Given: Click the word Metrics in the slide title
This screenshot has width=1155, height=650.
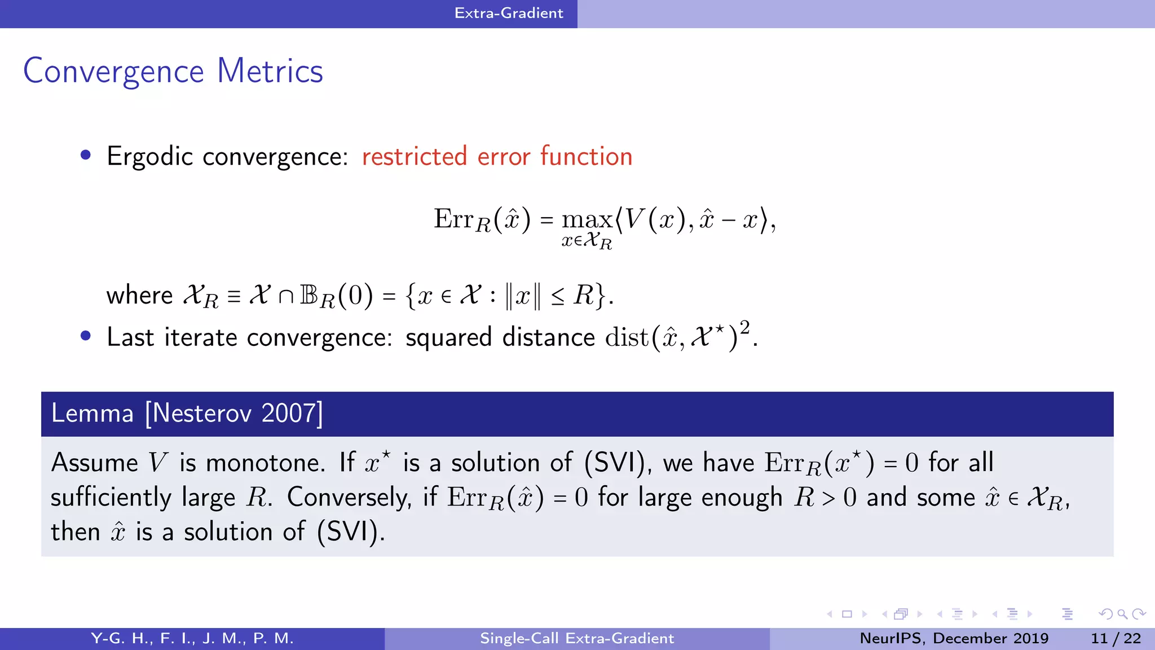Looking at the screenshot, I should point(270,71).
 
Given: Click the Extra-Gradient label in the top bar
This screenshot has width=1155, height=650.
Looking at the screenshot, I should point(509,13).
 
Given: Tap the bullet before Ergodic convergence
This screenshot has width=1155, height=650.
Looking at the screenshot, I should point(86,155).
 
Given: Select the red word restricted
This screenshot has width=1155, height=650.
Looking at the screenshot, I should point(415,156).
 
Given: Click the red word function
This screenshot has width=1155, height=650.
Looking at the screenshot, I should point(586,156).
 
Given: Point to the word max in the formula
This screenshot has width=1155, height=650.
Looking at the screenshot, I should point(587,219).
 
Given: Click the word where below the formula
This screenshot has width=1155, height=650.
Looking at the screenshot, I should point(139,296).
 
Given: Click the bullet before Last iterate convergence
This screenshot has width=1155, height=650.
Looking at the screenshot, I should point(86,336).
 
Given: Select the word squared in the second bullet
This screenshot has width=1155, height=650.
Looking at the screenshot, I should point(448,338).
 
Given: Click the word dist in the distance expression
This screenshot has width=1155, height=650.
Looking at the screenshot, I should point(627,338).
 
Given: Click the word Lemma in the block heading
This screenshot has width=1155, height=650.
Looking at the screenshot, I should point(92,414).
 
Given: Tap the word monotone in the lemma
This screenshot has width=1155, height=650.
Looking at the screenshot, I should point(264,463).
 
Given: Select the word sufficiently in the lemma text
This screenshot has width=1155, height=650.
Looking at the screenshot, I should point(111,498).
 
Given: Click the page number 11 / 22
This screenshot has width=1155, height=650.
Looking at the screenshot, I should point(1116,638).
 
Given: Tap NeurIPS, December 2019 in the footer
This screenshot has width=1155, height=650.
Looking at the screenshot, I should point(954,638).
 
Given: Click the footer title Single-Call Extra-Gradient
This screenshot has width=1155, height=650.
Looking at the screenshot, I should point(577,638).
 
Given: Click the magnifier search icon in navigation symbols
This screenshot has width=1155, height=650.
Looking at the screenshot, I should point(1122,614).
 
